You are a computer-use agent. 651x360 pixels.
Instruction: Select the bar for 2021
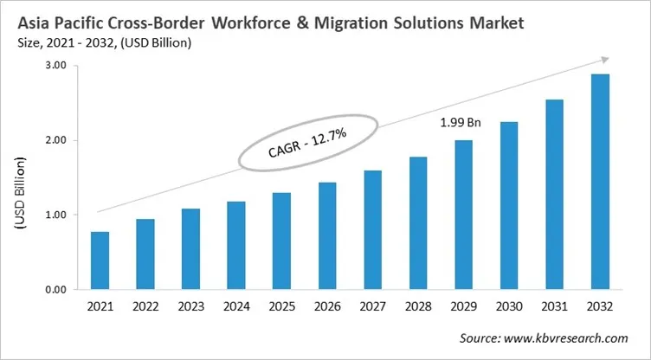pos(100,260)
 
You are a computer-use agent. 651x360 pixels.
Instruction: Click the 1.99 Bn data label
pos(459,123)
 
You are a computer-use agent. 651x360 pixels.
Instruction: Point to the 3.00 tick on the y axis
pos(54,66)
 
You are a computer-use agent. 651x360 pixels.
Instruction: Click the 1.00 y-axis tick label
pos(54,215)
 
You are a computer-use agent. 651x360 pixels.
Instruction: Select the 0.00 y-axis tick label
pos(54,289)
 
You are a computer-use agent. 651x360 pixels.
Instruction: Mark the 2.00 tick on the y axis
pos(54,140)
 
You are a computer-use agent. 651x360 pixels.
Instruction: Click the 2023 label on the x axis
pos(190,306)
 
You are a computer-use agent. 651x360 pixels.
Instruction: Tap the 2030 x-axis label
pos(509,306)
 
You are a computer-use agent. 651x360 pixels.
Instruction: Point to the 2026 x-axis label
pos(326,306)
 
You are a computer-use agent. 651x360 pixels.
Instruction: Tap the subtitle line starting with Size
pos(103,42)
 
